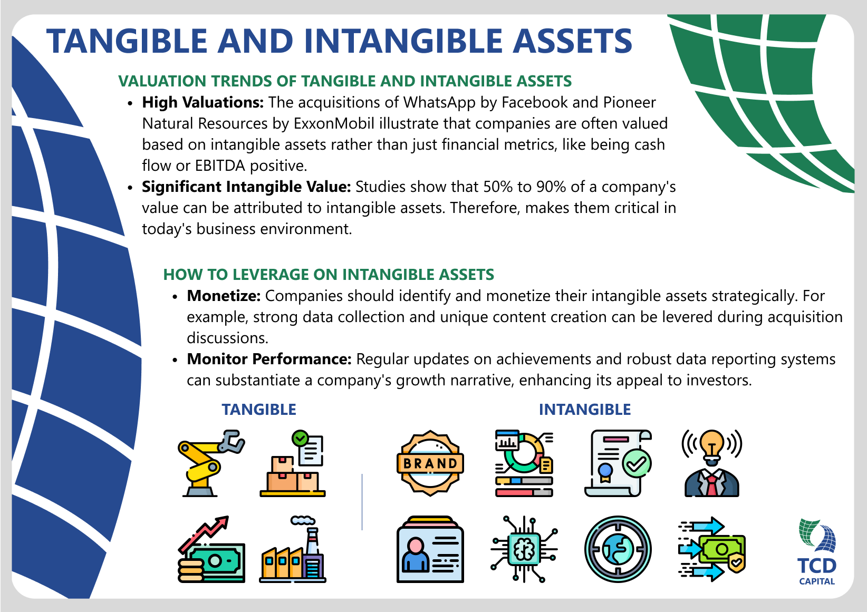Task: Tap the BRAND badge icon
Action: pyautogui.click(x=430, y=463)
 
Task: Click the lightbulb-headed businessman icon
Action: pyautogui.click(x=711, y=463)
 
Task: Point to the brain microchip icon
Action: pyautogui.click(x=524, y=549)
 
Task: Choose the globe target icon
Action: pyautogui.click(x=618, y=549)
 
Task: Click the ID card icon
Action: pyautogui.click(x=430, y=549)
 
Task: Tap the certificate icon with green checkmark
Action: pyautogui.click(x=618, y=463)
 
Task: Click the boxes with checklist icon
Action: pyautogui.click(x=293, y=463)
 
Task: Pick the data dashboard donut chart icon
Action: pyautogui.click(x=524, y=463)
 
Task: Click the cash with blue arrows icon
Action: pyautogui.click(x=711, y=549)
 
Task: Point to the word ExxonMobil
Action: pyautogui.click(x=334, y=123)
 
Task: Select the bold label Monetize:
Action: pyautogui.click(x=224, y=296)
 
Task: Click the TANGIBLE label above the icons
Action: pyautogui.click(x=259, y=410)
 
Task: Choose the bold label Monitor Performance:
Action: pyautogui.click(x=269, y=359)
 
